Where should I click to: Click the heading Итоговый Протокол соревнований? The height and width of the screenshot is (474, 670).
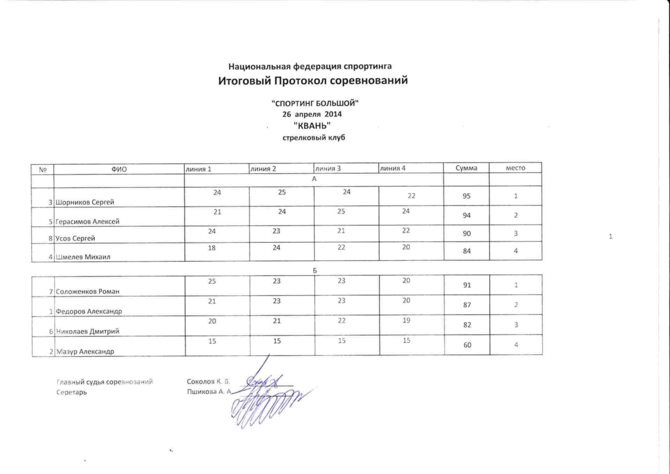coord(313,81)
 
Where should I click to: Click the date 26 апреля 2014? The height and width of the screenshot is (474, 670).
coord(312,114)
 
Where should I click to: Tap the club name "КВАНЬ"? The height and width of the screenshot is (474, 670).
coord(312,125)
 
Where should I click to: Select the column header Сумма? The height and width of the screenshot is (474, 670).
coord(466,168)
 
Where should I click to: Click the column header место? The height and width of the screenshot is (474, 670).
coord(515,168)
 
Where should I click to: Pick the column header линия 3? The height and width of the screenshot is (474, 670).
coord(328,169)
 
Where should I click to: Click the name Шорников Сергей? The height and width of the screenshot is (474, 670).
coord(85,202)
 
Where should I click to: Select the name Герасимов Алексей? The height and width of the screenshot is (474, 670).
coord(87,221)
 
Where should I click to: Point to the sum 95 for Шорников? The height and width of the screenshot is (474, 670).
coord(466,196)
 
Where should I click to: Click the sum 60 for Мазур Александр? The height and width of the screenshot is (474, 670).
coord(467,345)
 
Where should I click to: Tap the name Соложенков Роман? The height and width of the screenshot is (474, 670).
coord(88,291)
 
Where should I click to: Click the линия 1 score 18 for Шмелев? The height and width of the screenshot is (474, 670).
coord(212,248)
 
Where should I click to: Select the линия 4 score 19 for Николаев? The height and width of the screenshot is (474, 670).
coord(406,320)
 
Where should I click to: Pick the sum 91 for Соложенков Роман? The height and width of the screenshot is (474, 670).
coord(467,285)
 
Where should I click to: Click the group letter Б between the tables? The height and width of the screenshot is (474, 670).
coord(315,271)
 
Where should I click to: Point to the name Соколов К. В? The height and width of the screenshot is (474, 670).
coord(208,381)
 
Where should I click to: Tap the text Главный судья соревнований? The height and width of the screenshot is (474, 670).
coord(104,382)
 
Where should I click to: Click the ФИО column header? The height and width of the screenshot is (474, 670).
coord(119,169)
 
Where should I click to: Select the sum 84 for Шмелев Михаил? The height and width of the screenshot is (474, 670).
coord(467,251)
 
